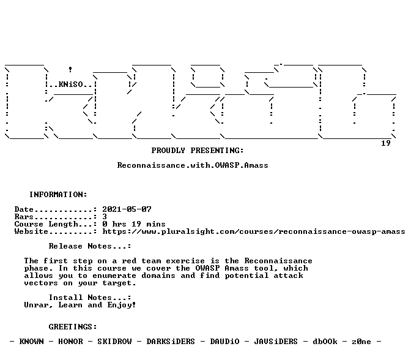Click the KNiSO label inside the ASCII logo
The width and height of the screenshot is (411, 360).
[x=71, y=84]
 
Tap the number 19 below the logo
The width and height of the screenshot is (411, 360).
[x=385, y=143]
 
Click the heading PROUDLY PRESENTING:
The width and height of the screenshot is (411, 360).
[x=198, y=151]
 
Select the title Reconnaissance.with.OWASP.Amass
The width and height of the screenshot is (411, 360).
[x=193, y=165]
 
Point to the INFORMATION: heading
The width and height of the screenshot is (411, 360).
[x=58, y=195]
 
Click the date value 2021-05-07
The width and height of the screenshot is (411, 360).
[x=127, y=209]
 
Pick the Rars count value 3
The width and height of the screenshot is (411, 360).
[x=105, y=217]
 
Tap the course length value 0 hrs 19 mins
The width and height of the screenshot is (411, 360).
[x=134, y=224]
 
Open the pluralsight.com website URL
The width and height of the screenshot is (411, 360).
[x=254, y=231]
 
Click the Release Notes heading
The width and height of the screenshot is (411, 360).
[x=90, y=246]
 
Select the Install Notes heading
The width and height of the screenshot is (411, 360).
[x=90, y=298]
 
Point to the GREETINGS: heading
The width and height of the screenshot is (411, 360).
[x=73, y=327]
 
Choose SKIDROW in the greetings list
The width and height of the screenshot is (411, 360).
[x=114, y=342]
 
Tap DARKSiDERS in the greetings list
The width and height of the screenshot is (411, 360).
[x=171, y=342]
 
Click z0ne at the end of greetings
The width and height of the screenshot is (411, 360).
[x=361, y=342]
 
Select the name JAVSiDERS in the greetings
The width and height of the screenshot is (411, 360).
[x=276, y=342]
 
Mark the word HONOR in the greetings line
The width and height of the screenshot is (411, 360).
[x=70, y=342]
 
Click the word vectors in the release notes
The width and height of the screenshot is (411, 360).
[x=40, y=283]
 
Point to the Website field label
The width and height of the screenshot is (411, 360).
[x=31, y=231]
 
